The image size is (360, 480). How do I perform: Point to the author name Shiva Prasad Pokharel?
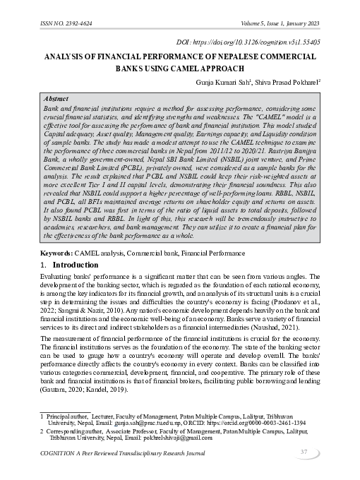287,82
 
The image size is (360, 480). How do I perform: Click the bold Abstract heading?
56,100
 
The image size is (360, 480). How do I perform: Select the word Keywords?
57,252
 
